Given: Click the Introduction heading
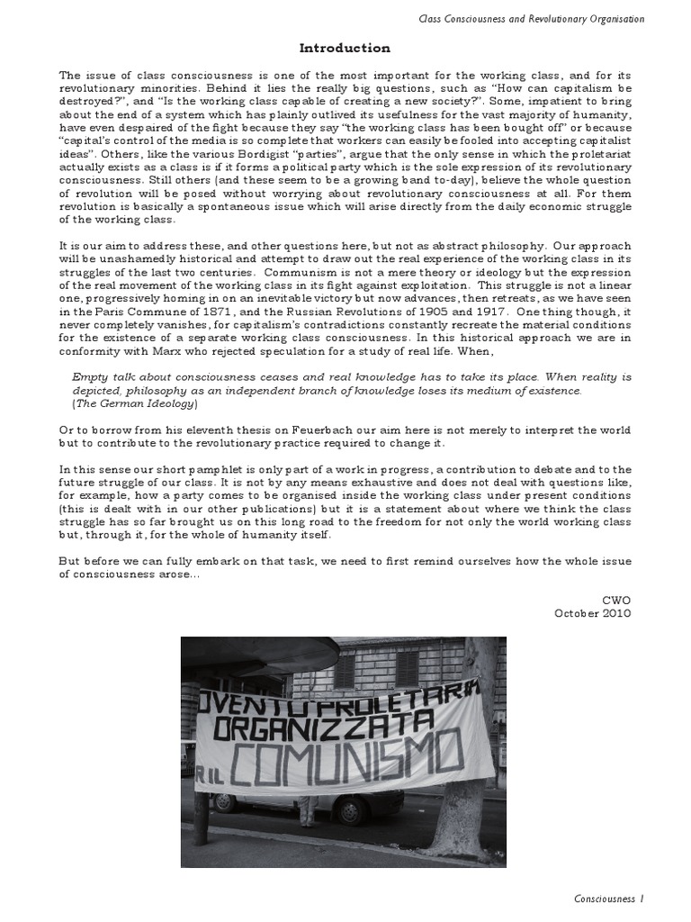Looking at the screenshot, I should pyautogui.click(x=345, y=48).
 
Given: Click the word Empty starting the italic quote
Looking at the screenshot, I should pyautogui.click(x=91, y=377).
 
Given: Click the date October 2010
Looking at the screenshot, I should pyautogui.click(x=593, y=612).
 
